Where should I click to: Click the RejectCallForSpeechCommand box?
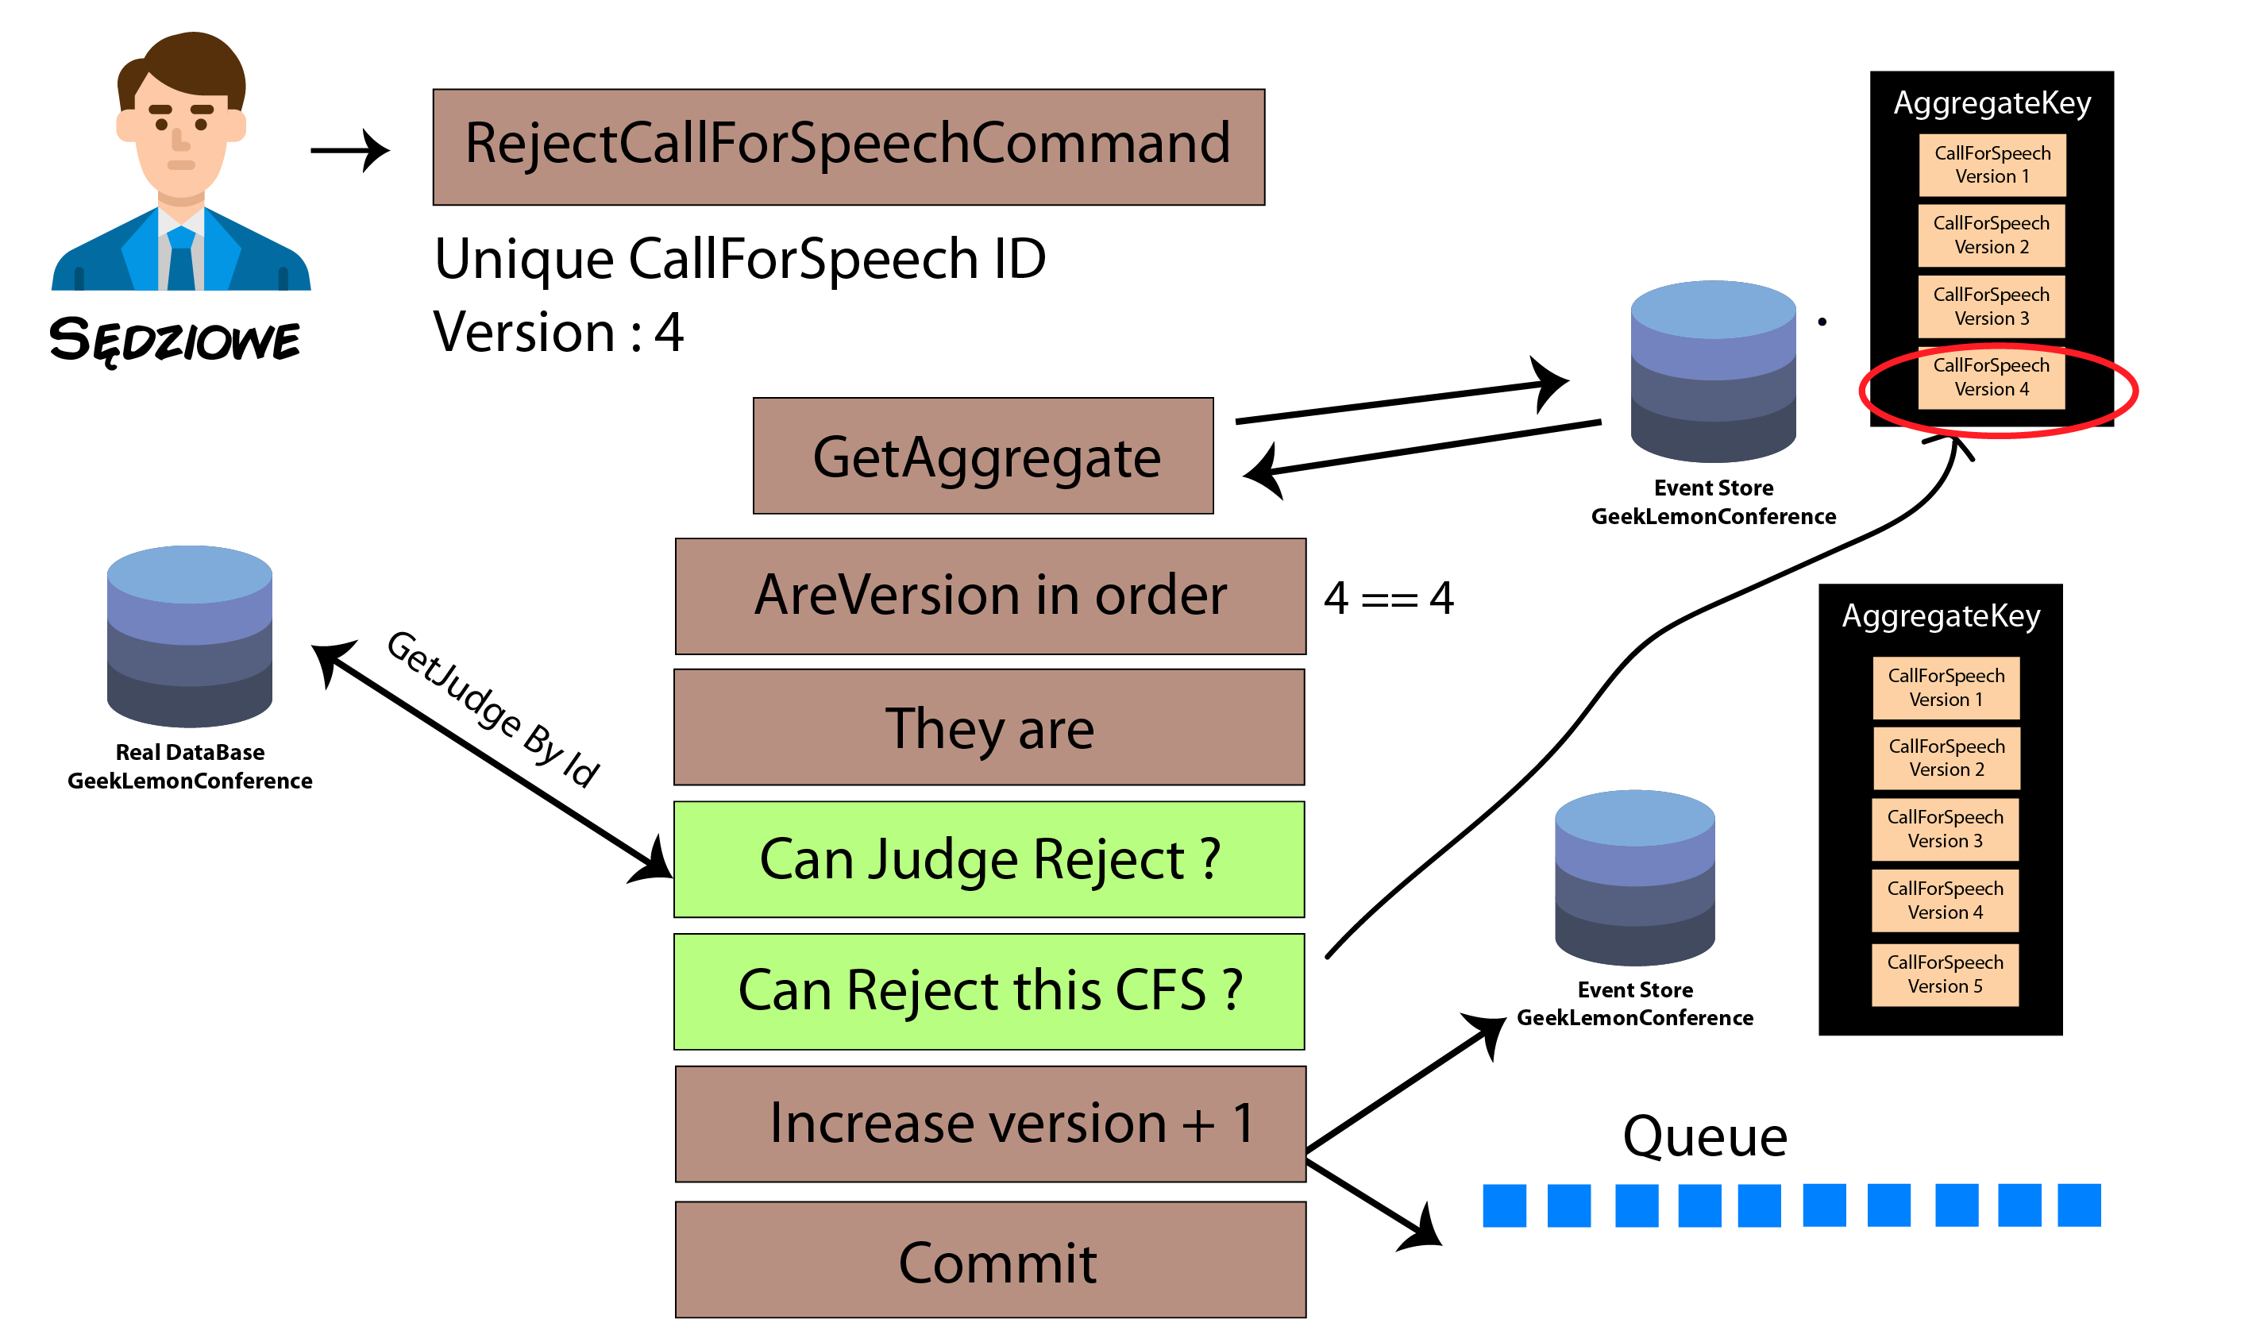[848, 147]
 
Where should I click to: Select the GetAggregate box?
[983, 456]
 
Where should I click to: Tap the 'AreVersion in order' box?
[990, 596]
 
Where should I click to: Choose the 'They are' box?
[989, 727]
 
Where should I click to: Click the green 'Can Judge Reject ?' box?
[989, 859]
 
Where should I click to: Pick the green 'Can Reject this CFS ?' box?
[989, 992]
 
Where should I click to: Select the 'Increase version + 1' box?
[990, 1124]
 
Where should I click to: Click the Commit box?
[990, 1259]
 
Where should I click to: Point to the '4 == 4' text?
[1388, 598]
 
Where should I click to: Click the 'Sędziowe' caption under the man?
[175, 341]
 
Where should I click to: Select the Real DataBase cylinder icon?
[189, 636]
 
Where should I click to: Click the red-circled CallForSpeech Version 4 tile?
[1991, 377]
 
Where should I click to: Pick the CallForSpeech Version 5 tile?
[1946, 974]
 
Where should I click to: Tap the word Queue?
[1705, 1136]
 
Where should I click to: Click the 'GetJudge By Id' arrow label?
[492, 708]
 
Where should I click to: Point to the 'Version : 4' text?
[557, 333]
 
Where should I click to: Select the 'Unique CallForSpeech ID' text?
[740, 259]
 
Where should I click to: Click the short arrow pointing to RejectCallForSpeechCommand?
[349, 150]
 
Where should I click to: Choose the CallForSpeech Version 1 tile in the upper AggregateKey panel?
[1992, 165]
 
